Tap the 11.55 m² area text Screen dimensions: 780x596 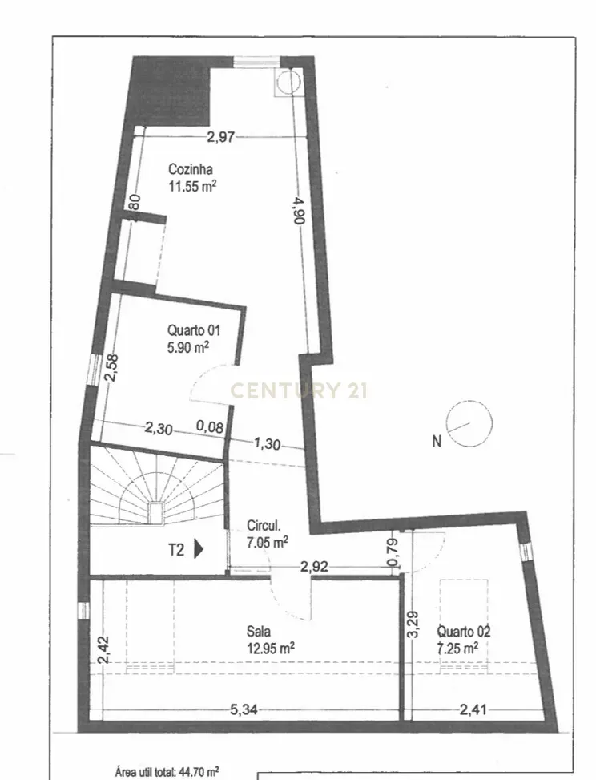point(192,187)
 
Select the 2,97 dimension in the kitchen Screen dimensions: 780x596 point(220,137)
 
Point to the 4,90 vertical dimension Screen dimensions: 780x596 point(298,212)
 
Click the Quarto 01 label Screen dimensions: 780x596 point(193,329)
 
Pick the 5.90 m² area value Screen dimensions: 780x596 point(188,347)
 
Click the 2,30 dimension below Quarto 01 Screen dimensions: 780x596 point(159,430)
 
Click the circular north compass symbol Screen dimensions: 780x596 point(469,423)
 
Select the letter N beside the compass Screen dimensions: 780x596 point(437,441)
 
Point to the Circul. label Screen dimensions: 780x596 point(264,527)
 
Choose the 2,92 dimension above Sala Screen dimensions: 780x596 point(314,566)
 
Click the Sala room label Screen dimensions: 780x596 point(259,631)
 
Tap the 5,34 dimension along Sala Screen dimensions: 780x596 point(244,709)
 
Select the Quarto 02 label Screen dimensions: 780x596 point(465,631)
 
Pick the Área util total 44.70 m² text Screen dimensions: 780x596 point(167,772)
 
